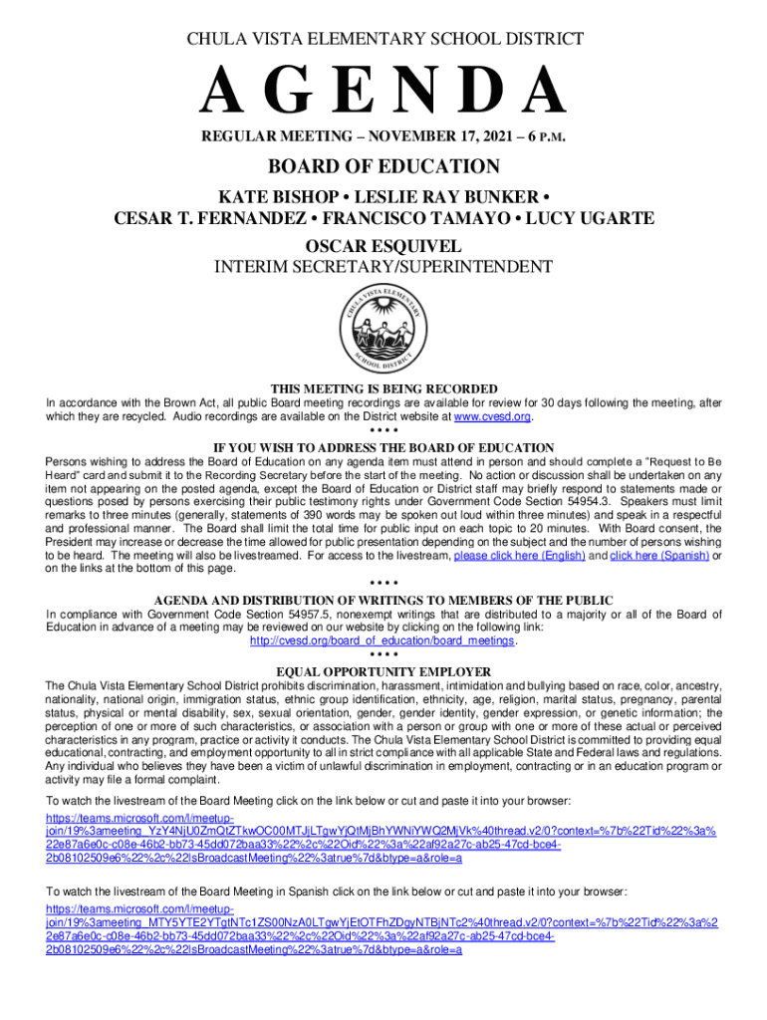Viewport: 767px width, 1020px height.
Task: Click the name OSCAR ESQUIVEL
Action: coord(383,245)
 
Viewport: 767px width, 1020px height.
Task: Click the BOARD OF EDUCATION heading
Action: coord(383,166)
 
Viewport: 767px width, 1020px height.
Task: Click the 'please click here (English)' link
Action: coord(519,556)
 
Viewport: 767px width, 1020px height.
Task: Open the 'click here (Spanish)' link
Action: coord(658,556)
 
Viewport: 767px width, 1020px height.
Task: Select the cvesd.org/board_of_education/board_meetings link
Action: coord(383,641)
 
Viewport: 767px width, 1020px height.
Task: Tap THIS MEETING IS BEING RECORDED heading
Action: coord(383,388)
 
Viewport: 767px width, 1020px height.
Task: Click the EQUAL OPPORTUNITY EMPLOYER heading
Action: coord(383,671)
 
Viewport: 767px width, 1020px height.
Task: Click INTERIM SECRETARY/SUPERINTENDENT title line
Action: coord(383,268)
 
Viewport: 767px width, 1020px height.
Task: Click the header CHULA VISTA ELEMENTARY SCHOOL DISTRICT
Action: coord(383,40)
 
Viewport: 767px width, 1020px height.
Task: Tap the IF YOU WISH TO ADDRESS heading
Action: coord(383,448)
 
